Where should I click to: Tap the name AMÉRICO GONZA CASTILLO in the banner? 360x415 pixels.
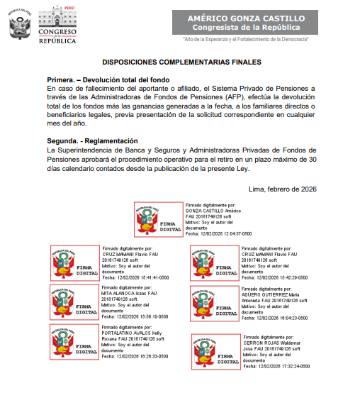pos(247,17)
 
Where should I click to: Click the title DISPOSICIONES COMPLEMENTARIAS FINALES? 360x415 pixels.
pos(181,62)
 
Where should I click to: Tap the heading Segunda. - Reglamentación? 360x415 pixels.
pos(91,141)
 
